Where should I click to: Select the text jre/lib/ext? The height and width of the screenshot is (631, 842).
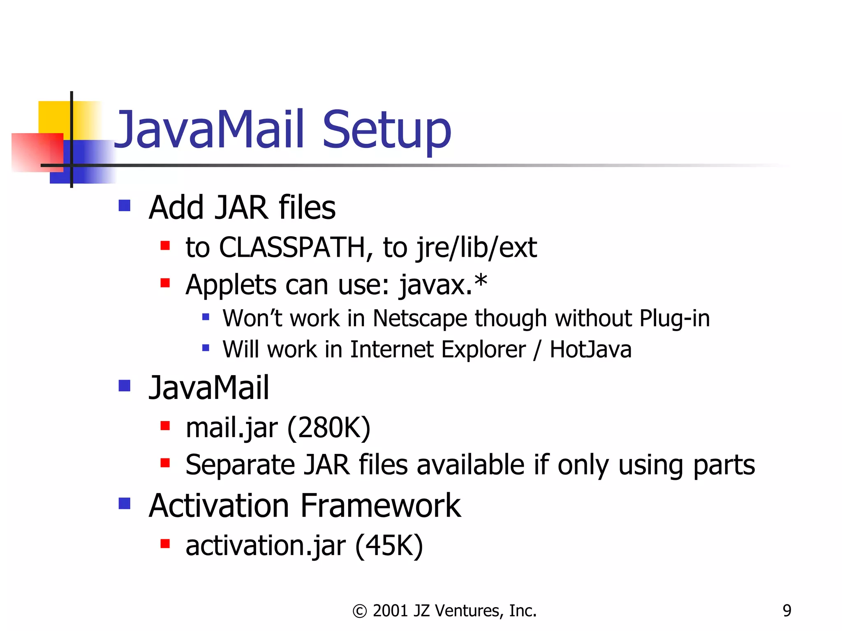click(x=476, y=248)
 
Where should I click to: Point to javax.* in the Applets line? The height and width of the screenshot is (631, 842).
click(x=443, y=284)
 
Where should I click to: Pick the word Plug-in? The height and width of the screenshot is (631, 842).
click(x=674, y=318)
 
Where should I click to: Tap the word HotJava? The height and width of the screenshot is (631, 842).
click(x=590, y=350)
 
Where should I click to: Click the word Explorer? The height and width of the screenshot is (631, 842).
click(x=483, y=350)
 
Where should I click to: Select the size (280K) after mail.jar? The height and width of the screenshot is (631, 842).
click(x=329, y=428)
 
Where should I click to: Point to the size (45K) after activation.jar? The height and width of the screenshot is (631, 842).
click(x=389, y=546)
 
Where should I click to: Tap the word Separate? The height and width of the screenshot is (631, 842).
click(x=240, y=465)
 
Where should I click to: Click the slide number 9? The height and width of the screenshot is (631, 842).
click(x=787, y=611)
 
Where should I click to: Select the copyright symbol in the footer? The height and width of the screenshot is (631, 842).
click(x=360, y=611)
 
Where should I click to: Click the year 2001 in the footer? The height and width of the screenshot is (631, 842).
click(x=390, y=611)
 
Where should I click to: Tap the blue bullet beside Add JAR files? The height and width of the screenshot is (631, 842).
click(x=124, y=205)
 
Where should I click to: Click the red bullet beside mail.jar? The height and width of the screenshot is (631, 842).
click(x=165, y=426)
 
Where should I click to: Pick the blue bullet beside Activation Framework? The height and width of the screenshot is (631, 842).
click(x=124, y=503)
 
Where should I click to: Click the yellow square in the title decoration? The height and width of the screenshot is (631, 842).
click(x=53, y=117)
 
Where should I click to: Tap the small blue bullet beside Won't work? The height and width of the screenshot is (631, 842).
click(x=206, y=317)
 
